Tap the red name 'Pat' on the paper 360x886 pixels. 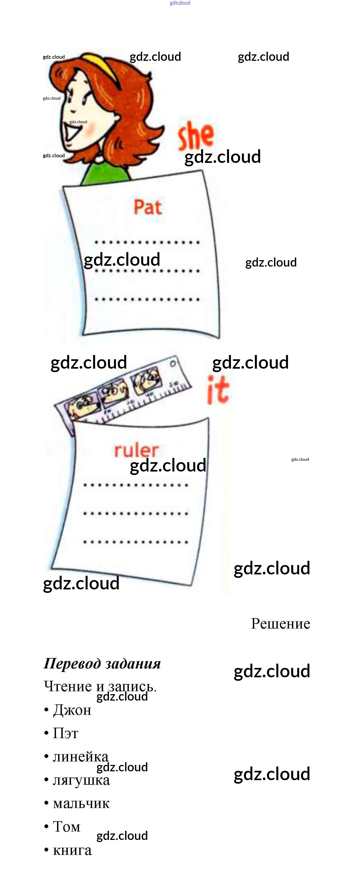click(148, 207)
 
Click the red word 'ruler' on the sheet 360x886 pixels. click(136, 450)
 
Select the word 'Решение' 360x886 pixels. click(280, 623)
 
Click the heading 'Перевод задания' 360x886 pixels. click(102, 663)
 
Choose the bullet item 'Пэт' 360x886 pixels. click(65, 733)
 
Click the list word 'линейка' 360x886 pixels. click(80, 756)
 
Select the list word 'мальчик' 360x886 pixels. click(81, 803)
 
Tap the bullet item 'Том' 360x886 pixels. click(66, 827)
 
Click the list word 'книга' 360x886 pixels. click(72, 850)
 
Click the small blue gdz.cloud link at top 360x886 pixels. click(180, 3)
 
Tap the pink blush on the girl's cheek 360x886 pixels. click(90, 129)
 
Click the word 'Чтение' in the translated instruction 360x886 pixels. click(68, 686)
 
